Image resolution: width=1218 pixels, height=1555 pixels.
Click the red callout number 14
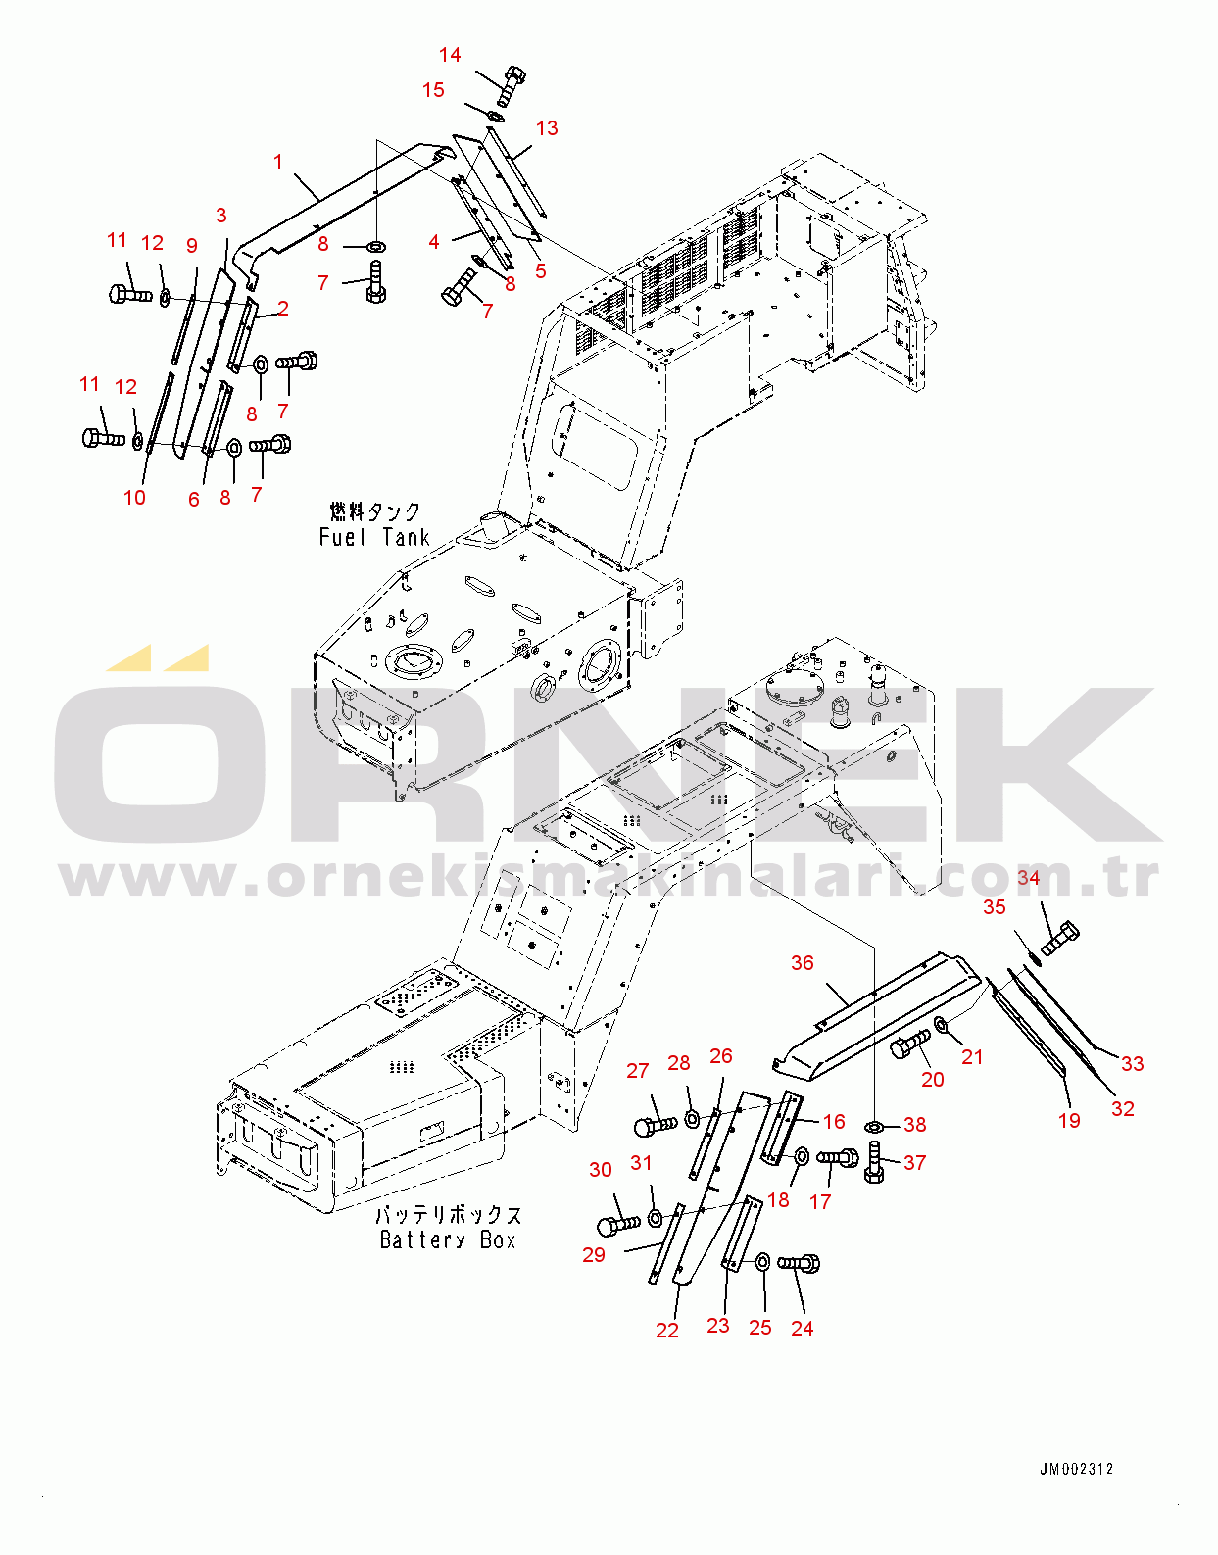pos(450,55)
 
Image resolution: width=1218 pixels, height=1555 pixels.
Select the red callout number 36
pos(803,963)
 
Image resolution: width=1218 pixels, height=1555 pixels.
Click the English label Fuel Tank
pos(374,537)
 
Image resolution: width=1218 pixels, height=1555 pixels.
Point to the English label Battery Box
pos(447,1240)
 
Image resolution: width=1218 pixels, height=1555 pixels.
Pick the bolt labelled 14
pos(511,85)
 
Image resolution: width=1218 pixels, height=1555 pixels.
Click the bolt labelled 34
pos(1060,938)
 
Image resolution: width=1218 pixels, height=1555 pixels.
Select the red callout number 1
pos(278,163)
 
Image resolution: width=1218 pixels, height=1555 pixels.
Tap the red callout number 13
pos(547,128)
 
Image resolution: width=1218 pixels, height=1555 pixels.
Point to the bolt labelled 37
pos(874,1163)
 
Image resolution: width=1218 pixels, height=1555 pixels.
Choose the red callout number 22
pos(667,1331)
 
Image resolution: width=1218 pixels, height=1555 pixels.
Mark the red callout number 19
pos(1069,1121)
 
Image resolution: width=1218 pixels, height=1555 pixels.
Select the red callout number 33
pos(1132,1064)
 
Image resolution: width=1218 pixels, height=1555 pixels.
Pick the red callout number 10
pos(134,498)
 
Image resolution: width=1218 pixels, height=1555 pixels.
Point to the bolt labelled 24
pos(799,1264)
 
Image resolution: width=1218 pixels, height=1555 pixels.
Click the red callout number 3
pos(221,216)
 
